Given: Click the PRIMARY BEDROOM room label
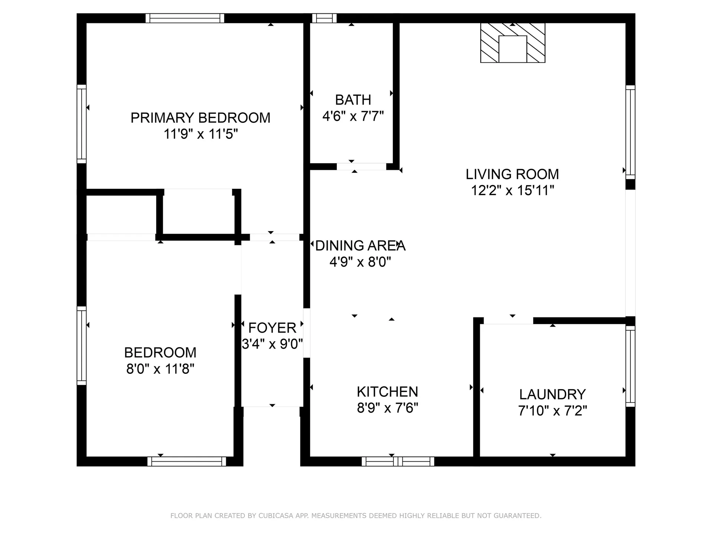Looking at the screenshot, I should (x=200, y=118).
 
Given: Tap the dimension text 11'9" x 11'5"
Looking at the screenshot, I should (x=200, y=134).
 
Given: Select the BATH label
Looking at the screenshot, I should (x=353, y=100).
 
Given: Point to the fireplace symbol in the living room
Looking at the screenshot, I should (x=512, y=43).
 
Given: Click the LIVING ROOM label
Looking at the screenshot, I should (x=512, y=174).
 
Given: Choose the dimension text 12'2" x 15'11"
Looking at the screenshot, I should (x=512, y=191).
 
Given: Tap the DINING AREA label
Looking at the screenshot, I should (x=360, y=245).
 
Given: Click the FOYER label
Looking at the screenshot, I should (x=272, y=328).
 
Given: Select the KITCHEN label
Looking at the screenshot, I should (x=387, y=392).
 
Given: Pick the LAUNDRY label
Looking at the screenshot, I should (x=552, y=394).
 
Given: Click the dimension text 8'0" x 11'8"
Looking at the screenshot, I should (x=160, y=369).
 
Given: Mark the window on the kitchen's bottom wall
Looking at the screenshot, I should (x=398, y=461).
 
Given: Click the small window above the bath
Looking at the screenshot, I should (x=324, y=18).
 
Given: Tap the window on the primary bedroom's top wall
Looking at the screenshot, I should (x=185, y=18).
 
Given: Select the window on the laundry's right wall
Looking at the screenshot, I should (x=630, y=366).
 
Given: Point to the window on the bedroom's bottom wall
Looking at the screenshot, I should (x=187, y=461).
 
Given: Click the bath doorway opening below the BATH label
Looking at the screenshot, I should (x=361, y=167).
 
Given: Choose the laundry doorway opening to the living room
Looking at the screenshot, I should (x=508, y=321).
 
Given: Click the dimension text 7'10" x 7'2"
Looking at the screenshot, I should (x=552, y=411).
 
